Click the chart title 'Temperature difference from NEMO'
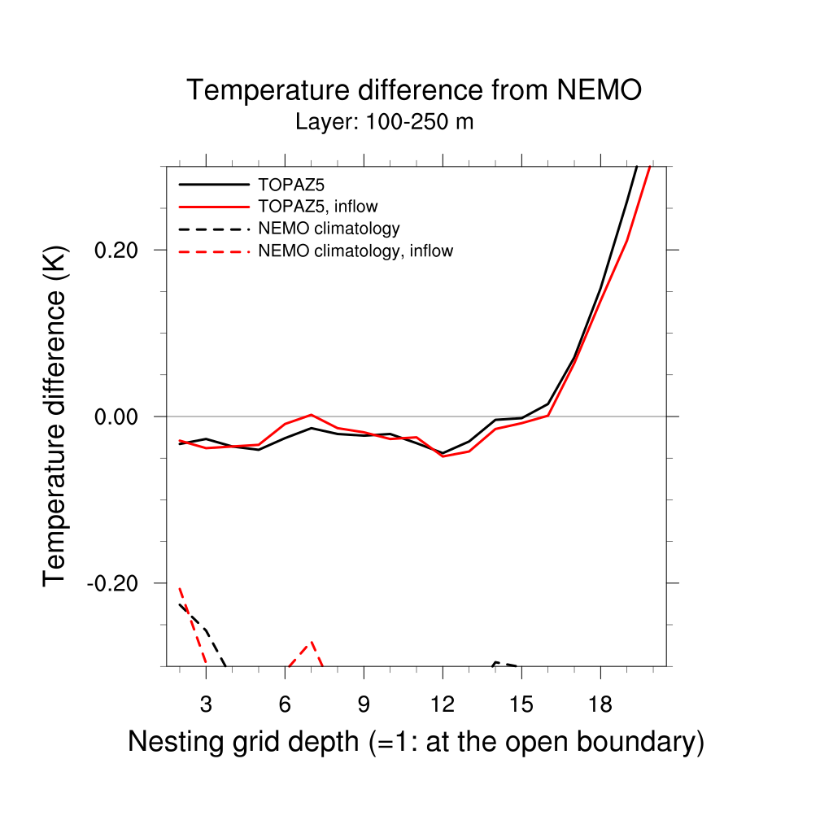(x=414, y=90)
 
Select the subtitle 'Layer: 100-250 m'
(x=384, y=123)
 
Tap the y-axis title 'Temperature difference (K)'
(x=55, y=416)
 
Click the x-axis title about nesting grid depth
(x=416, y=742)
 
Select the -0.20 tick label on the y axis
(x=116, y=583)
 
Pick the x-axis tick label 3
(x=206, y=701)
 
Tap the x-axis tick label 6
(x=285, y=701)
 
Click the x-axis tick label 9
(x=364, y=701)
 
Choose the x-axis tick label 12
(x=443, y=701)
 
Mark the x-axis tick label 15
(x=521, y=701)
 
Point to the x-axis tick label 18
(x=600, y=701)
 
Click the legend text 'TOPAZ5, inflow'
(x=317, y=207)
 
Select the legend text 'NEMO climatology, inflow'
(x=355, y=251)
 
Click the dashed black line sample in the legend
(x=213, y=229)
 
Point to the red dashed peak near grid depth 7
(x=311, y=643)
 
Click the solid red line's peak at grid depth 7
(x=312, y=415)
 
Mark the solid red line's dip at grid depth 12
(x=443, y=456)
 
